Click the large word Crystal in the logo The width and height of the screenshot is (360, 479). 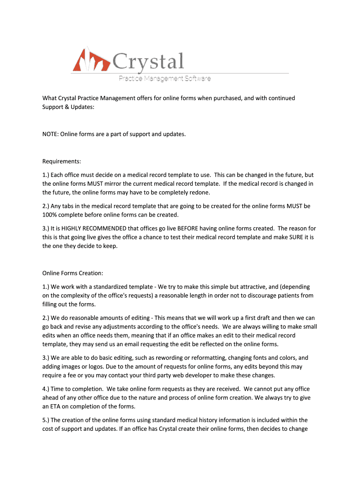[x=148, y=62]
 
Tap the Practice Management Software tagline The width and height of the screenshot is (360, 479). [x=164, y=79]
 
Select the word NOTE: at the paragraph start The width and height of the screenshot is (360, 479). [x=51, y=134]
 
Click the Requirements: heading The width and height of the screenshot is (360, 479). [x=62, y=161]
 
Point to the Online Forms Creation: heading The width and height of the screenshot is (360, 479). [x=72, y=273]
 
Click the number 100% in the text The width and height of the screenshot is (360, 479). [x=50, y=215]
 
